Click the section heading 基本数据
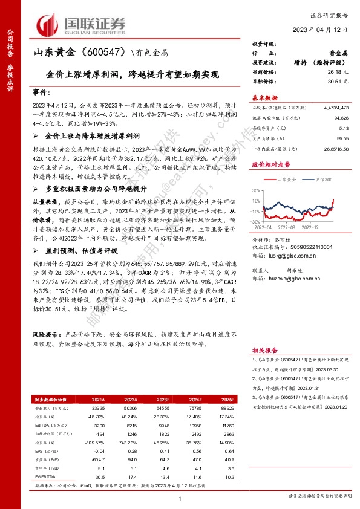pyautogui.click(x=264, y=97)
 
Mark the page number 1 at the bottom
pyautogui.click(x=180, y=498)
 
